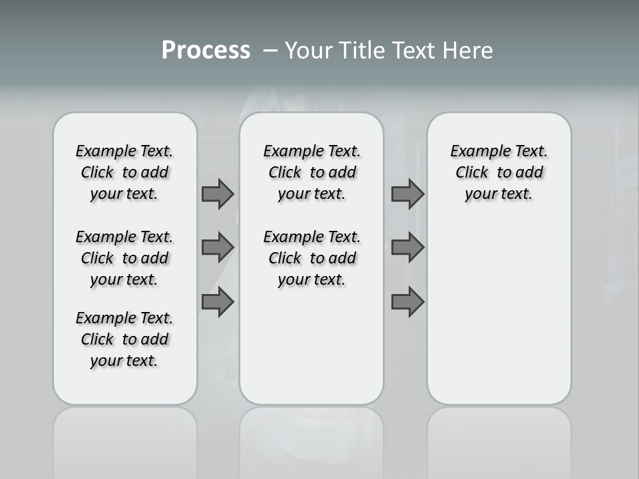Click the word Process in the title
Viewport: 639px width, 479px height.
point(206,51)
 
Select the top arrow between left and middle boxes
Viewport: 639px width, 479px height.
point(218,194)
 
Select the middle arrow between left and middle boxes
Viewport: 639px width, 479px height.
point(218,247)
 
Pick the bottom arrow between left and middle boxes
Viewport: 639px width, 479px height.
point(218,302)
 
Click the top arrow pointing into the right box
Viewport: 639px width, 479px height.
point(407,194)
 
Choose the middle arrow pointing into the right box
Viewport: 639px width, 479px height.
point(407,247)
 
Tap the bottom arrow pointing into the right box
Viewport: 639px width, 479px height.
point(407,302)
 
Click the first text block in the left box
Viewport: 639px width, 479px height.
point(124,172)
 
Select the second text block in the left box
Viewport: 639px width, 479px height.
point(124,258)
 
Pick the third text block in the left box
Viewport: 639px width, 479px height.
point(124,339)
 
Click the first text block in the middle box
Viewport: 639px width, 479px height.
point(312,172)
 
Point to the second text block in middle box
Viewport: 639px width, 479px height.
point(312,258)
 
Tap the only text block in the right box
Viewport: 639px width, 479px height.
point(499,172)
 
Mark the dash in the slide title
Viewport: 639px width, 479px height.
point(270,51)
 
